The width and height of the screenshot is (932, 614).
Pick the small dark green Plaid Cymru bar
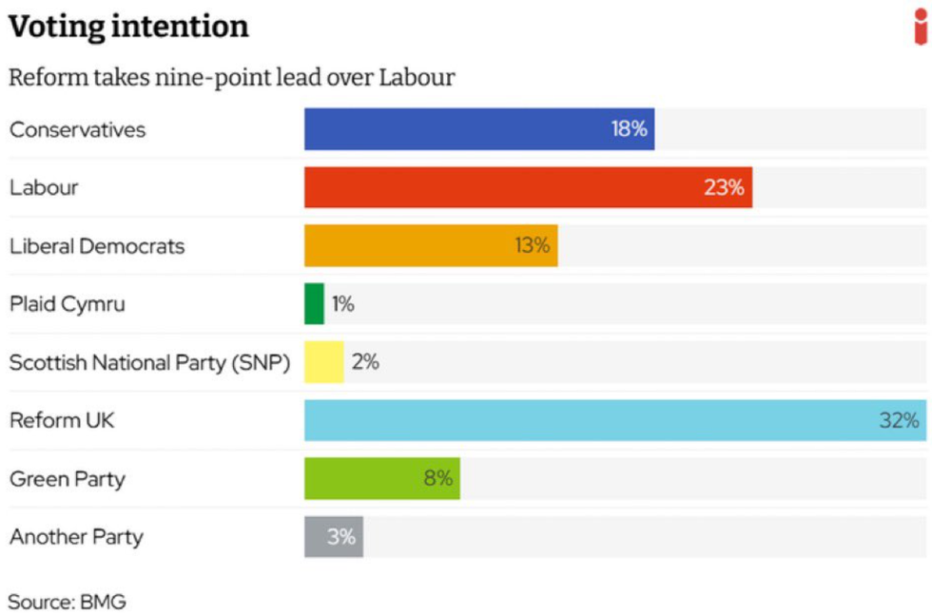(314, 304)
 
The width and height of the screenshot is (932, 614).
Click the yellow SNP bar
(323, 362)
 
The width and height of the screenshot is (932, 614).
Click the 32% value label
(899, 420)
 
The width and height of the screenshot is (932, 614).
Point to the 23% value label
(724, 187)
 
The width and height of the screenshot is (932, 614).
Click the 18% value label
(629, 129)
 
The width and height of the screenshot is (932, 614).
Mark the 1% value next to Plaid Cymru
(342, 304)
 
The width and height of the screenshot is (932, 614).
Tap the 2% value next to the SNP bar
(365, 362)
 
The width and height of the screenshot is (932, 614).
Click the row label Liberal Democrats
(97, 246)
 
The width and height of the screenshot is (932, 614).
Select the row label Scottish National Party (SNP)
(149, 363)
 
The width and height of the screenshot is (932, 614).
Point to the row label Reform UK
(62, 420)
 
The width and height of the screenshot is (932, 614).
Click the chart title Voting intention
(128, 27)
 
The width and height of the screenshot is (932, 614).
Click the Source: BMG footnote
(67, 602)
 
